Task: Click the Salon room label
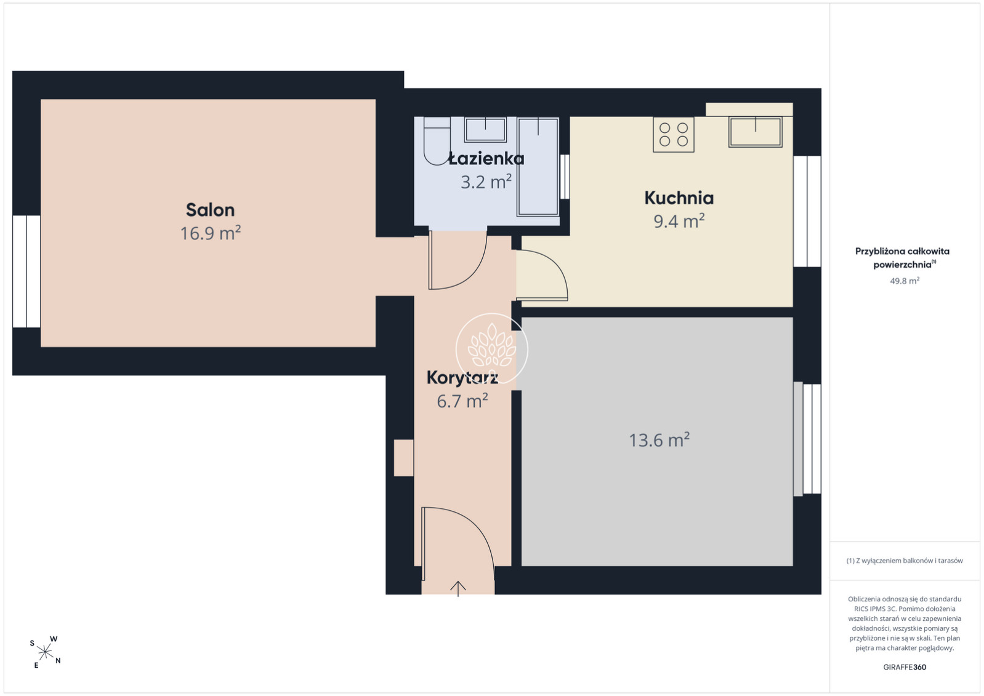click(210, 210)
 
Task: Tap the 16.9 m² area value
click(211, 233)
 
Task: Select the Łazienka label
click(486, 159)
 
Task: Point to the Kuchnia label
click(679, 198)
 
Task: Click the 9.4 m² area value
click(679, 220)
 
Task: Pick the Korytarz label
click(462, 378)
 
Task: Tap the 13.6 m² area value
click(659, 440)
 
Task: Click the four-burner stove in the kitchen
click(674, 135)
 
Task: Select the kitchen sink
click(756, 132)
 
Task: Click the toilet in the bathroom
click(437, 141)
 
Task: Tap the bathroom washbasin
click(485, 130)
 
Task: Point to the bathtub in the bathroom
click(538, 167)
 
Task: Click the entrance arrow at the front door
click(458, 588)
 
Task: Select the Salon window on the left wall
click(26, 271)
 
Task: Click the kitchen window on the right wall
click(807, 211)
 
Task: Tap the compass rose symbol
click(45, 652)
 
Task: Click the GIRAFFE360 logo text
click(905, 667)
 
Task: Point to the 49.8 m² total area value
click(905, 281)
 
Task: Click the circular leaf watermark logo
click(491, 349)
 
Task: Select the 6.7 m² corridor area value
click(462, 401)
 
